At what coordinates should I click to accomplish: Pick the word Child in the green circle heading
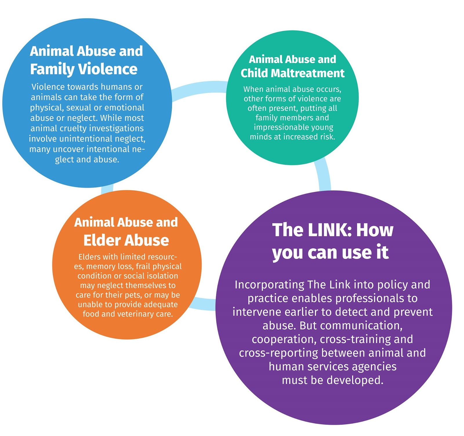pos(254,73)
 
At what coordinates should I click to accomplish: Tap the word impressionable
pos(279,127)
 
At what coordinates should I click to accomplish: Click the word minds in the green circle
pos(260,137)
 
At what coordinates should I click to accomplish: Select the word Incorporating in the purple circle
pos(269,285)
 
